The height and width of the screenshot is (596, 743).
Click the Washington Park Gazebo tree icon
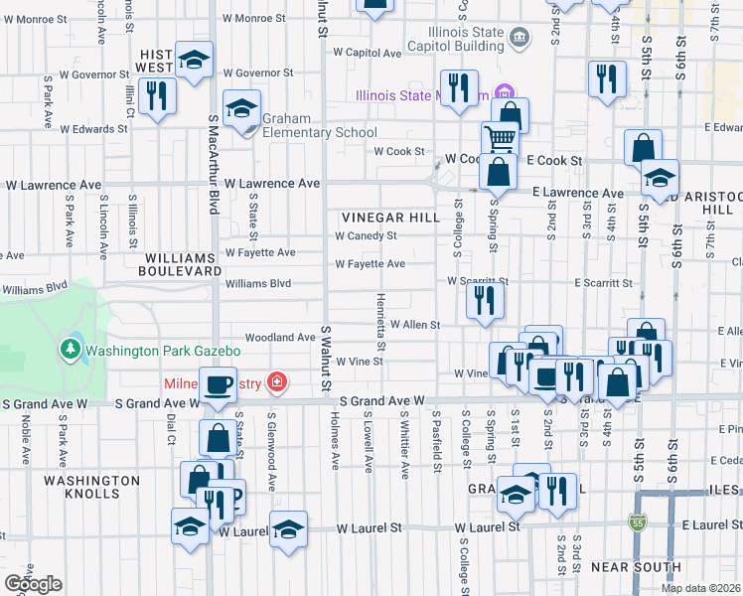71,350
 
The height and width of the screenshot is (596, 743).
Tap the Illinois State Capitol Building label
449,39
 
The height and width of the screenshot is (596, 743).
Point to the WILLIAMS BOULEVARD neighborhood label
180,263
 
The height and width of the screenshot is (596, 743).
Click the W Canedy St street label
366,236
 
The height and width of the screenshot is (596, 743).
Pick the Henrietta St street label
380,315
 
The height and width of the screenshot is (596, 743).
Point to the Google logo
33,584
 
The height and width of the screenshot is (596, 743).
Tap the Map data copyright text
700,588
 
